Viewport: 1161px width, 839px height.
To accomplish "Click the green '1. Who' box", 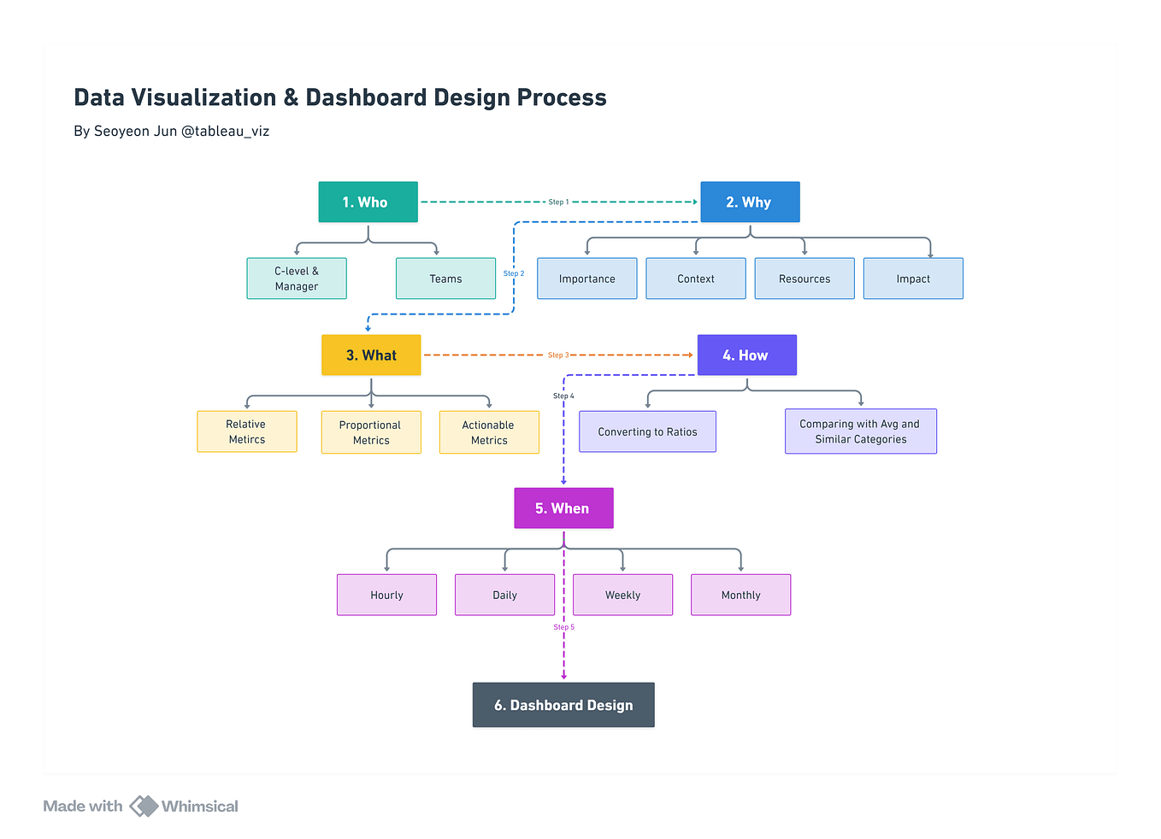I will (368, 202).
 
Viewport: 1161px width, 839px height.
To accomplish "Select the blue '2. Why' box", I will (750, 202).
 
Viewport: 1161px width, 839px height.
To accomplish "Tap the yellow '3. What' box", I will (371, 355).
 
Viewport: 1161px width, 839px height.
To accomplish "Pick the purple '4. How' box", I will (746, 355).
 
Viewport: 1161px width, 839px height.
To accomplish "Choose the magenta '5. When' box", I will (563, 508).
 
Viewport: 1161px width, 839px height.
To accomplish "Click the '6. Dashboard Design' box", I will (563, 705).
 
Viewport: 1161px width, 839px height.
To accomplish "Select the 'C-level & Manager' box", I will (297, 279).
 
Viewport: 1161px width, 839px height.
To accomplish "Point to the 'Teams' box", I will (445, 279).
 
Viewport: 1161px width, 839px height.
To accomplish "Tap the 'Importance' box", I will (586, 279).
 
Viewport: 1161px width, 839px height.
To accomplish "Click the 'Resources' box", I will (804, 279).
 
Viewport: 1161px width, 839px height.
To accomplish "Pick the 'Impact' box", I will (913, 279).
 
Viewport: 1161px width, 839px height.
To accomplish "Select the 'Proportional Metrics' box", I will (371, 432).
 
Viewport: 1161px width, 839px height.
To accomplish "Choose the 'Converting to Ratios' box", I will (647, 432).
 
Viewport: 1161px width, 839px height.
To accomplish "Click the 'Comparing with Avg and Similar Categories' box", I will (860, 431).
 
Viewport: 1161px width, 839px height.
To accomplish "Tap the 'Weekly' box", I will (622, 595).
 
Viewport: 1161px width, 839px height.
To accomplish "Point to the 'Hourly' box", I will (386, 595).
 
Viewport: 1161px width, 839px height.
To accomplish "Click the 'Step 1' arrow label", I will (558, 202).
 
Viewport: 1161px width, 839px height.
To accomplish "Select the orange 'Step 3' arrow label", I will (558, 355).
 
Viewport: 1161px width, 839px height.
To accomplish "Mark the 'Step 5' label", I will (564, 627).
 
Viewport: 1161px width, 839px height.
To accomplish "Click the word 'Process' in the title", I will (562, 98).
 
